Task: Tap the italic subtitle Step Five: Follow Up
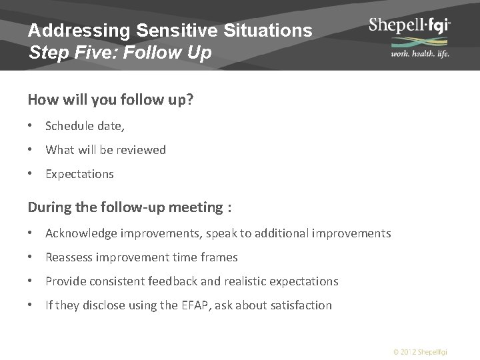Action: (x=120, y=52)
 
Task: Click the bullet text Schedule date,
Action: (x=85, y=126)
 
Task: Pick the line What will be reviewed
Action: (x=105, y=150)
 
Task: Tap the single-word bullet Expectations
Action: (x=79, y=174)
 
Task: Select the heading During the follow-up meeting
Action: (x=126, y=207)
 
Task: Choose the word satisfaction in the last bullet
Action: (x=299, y=305)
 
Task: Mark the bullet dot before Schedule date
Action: (x=31, y=126)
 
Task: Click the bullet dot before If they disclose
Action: (x=31, y=305)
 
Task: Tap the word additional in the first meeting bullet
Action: (x=294, y=233)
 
